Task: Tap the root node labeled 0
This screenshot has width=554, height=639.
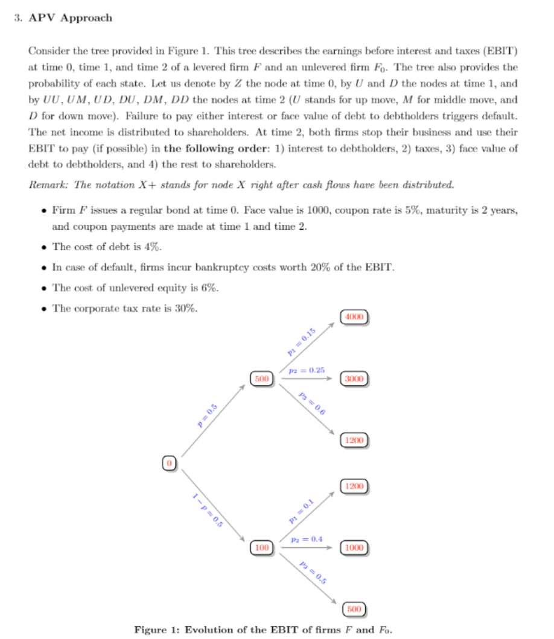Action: [x=170, y=463]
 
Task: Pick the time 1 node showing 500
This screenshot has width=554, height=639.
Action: [x=261, y=379]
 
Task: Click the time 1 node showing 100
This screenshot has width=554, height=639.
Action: [x=261, y=548]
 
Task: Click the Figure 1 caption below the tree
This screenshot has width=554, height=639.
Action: [x=263, y=629]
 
